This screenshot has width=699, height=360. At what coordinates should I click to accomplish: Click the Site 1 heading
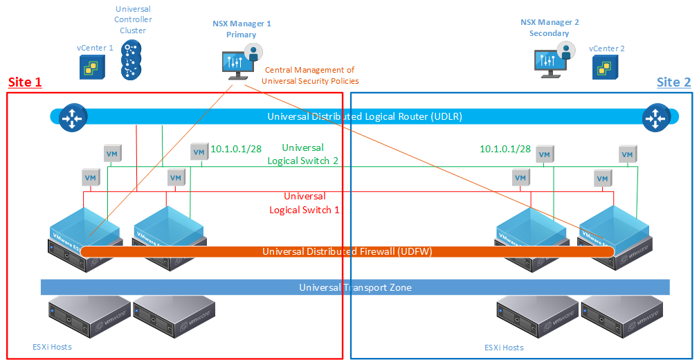(25, 82)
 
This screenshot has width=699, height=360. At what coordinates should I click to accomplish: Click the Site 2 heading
(673, 82)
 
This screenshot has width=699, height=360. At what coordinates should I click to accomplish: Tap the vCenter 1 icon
(92, 66)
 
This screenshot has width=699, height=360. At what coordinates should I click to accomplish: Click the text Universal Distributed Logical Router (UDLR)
(364, 116)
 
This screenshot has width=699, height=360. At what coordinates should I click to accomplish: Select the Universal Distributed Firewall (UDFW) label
(347, 251)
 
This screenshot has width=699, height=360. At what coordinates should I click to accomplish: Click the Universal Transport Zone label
(355, 287)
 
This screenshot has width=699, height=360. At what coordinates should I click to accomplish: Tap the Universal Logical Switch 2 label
(302, 154)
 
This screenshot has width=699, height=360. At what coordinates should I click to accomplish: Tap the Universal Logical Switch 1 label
(305, 203)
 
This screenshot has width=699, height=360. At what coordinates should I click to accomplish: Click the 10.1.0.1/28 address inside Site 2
(505, 149)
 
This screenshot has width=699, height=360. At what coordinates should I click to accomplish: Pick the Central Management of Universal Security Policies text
(309, 75)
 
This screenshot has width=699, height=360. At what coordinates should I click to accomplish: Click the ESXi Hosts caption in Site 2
(504, 347)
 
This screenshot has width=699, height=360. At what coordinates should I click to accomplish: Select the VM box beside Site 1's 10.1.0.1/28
(199, 152)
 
